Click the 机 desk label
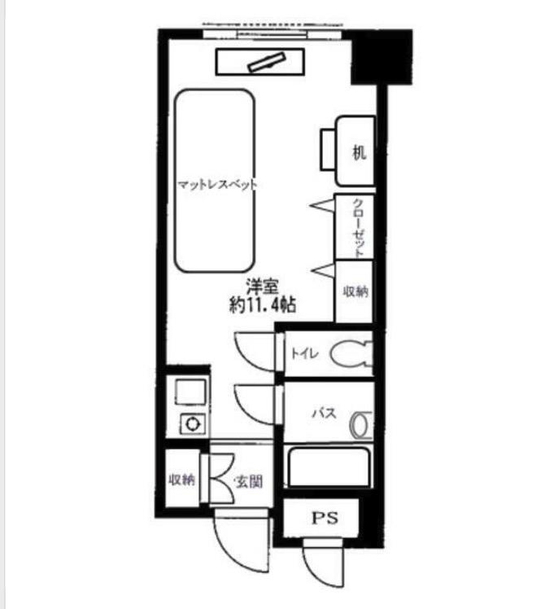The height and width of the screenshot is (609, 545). point(359,152)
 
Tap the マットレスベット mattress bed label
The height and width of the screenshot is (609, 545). point(217,185)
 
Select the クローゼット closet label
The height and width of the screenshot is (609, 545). point(358,228)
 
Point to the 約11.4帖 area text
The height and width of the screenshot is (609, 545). point(263,304)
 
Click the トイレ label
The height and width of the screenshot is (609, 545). point(305,353)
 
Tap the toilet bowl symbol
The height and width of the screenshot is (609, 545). point(351,353)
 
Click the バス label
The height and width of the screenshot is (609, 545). point(325,413)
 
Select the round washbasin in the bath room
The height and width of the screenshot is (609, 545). point(361,425)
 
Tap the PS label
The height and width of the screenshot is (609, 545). point(325,518)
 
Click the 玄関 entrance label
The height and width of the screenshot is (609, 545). point(248,482)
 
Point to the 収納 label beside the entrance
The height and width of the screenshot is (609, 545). point(181,480)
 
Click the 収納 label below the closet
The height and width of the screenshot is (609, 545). point(355,291)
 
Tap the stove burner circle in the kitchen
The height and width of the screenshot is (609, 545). point(192,423)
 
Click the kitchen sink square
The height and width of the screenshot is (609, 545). point(190,392)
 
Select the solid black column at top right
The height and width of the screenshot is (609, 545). point(381,57)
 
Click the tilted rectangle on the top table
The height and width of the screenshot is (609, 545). point(267,62)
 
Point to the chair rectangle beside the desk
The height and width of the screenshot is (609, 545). point(329,150)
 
